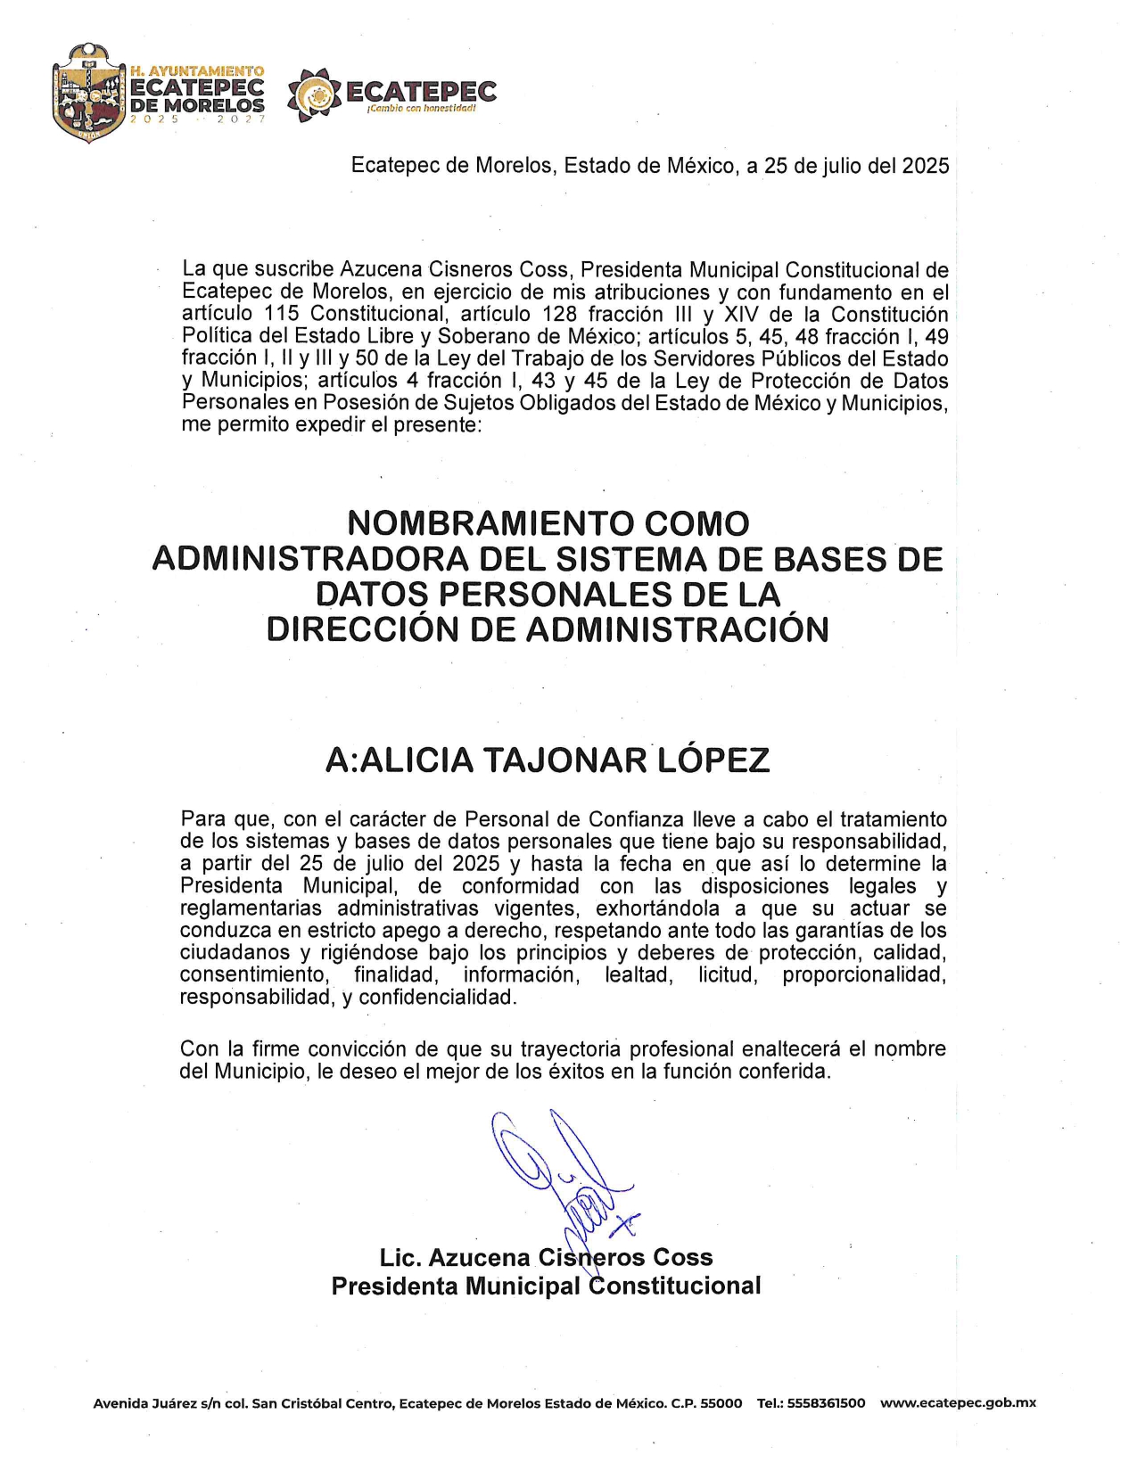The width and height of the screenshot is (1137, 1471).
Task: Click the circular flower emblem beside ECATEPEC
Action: [314, 95]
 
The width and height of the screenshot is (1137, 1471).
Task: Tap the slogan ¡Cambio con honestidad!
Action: [421, 109]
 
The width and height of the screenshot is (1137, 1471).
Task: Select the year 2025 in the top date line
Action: [925, 166]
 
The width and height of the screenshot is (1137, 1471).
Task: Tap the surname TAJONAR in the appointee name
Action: [564, 760]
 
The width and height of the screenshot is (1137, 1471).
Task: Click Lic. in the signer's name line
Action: [399, 1257]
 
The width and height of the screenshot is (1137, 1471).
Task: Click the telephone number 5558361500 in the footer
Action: [826, 1403]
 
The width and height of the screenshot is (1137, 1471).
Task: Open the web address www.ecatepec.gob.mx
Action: [958, 1403]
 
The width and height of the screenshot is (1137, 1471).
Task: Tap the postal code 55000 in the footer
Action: [721, 1403]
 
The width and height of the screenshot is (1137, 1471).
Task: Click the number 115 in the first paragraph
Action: [282, 314]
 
